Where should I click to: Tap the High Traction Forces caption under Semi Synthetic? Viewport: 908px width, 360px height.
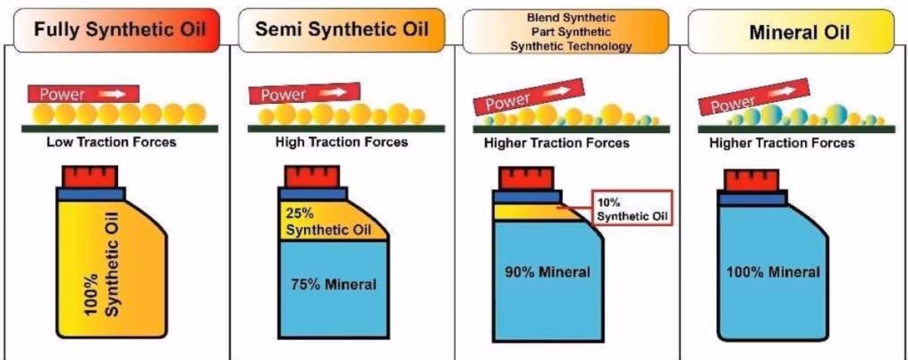pyautogui.click(x=342, y=142)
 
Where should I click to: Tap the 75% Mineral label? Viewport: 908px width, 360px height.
pyautogui.click(x=333, y=285)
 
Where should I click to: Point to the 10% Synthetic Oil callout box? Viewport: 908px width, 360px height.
pyautogui.click(x=631, y=208)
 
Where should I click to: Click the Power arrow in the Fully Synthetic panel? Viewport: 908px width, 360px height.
pyautogui.click(x=82, y=92)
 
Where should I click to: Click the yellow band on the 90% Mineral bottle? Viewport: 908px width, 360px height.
pyautogui.click(x=523, y=212)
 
